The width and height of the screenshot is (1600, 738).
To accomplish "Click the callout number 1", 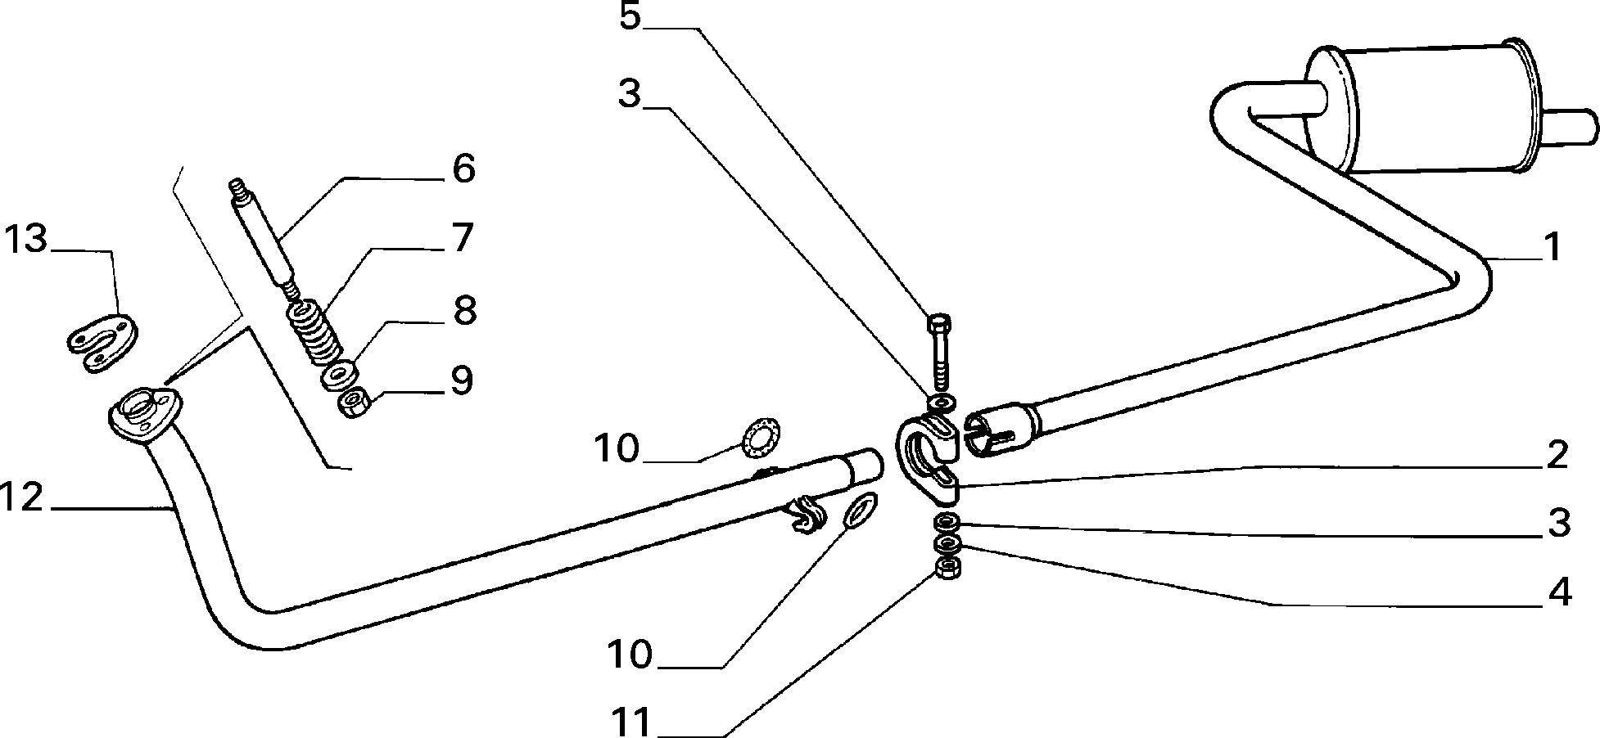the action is tap(1551, 247).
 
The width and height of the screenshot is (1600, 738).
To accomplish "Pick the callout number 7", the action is tap(462, 237).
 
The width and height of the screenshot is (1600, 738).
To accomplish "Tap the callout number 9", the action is tap(461, 380).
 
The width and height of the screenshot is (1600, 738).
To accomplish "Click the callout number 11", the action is tap(633, 722).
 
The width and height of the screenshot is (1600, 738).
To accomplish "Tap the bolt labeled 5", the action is tap(938, 352).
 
